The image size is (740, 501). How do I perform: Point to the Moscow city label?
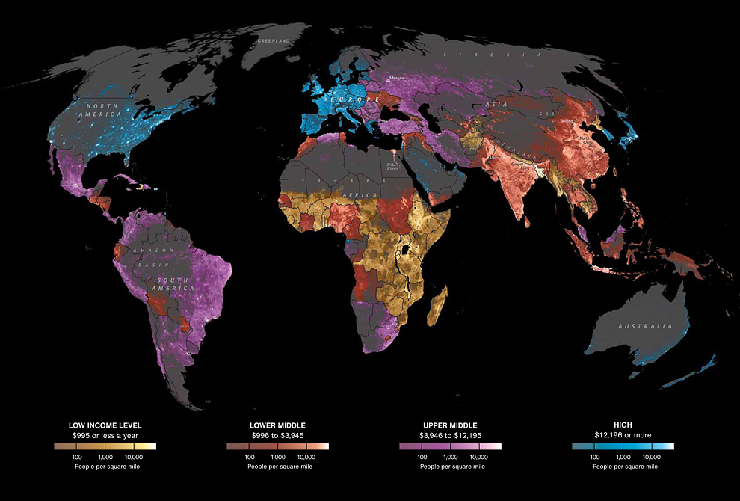click(x=396, y=77)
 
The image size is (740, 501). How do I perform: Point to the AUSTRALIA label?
click(x=644, y=327)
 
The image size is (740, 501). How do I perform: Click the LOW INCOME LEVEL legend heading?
click(x=105, y=425)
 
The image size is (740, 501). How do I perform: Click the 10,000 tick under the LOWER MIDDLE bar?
click(x=306, y=456)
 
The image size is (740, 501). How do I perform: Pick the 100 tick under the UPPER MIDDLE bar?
click(x=422, y=456)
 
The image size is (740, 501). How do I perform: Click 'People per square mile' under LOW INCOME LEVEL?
click(x=105, y=466)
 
